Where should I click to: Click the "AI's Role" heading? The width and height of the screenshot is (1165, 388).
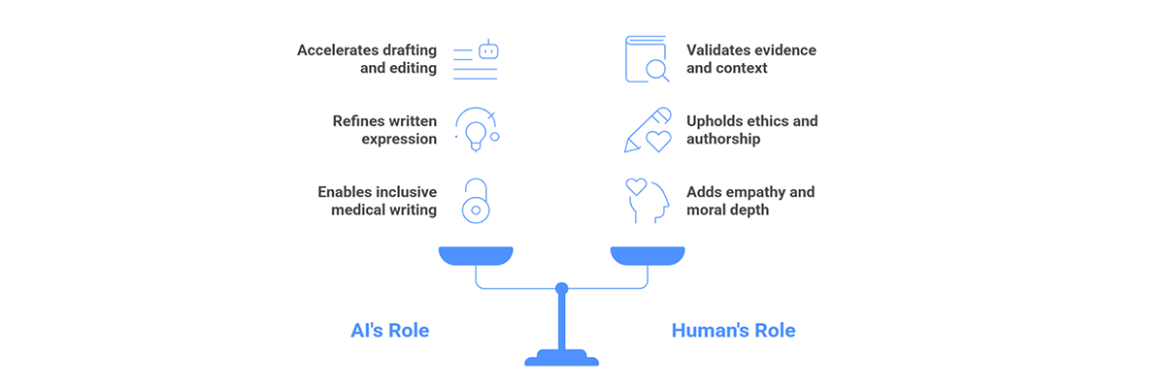(390, 331)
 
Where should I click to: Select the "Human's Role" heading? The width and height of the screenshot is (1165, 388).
(733, 331)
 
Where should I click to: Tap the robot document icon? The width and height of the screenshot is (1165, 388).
(476, 59)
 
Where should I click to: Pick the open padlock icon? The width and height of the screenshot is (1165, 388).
(476, 201)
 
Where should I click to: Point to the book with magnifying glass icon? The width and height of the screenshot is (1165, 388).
(647, 59)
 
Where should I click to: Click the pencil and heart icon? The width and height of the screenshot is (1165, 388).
(648, 130)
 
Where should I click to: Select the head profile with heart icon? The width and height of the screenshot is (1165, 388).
(647, 201)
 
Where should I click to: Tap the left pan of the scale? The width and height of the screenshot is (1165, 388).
(476, 255)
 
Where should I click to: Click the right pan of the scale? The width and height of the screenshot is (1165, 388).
(648, 255)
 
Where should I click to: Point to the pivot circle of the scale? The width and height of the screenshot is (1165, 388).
(562, 288)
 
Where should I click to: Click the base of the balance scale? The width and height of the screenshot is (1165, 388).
(562, 358)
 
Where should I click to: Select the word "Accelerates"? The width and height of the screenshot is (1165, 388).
(338, 50)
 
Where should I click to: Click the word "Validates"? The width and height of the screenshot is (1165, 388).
(720, 50)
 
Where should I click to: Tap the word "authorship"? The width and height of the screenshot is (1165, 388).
(723, 140)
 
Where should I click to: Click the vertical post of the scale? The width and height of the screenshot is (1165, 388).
(562, 322)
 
